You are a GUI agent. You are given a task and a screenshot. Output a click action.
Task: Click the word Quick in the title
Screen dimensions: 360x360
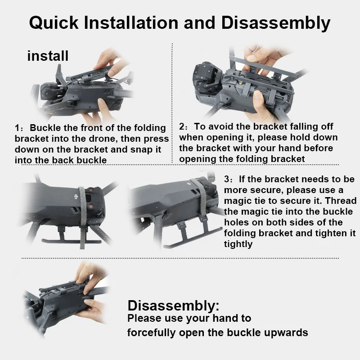coord(54,23)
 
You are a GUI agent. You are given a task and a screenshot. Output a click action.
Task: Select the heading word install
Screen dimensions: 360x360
coord(48,56)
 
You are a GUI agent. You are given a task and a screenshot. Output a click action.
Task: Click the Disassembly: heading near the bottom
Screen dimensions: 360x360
coord(173,306)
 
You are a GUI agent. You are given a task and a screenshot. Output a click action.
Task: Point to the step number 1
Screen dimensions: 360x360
coord(18,128)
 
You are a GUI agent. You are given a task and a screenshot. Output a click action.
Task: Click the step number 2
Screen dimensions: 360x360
coord(182,127)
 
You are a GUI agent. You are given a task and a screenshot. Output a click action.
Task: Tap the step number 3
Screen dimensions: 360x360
coord(227,179)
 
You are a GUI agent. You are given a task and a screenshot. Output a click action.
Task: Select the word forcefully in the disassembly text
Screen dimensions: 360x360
coord(152,333)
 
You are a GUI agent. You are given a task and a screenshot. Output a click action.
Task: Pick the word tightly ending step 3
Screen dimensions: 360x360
coord(238,244)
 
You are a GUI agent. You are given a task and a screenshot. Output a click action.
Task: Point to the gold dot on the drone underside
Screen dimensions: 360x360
coord(241,84)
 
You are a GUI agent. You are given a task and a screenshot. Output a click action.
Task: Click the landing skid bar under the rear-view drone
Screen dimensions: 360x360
coord(72,241)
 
